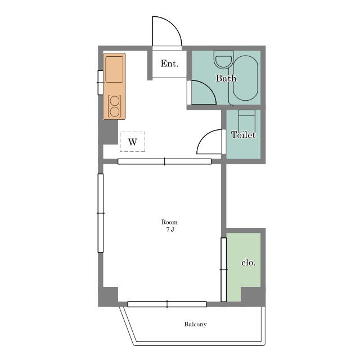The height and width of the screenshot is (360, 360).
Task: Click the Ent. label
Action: click(169, 64)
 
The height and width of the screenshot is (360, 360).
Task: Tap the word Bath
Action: click(226, 78)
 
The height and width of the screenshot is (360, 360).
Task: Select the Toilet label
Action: click(244, 135)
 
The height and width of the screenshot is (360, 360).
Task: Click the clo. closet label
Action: click(249, 263)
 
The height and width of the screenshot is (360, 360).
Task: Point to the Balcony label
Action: click(195, 324)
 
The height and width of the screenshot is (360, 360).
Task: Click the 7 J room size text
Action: click(170, 229)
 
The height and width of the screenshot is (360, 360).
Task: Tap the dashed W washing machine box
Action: click(133, 142)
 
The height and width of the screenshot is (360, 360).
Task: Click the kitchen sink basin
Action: click(114, 69)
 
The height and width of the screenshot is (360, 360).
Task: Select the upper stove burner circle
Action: click(115, 101)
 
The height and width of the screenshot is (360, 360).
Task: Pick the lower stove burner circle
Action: click(115, 112)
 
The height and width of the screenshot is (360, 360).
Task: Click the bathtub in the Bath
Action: click(245, 78)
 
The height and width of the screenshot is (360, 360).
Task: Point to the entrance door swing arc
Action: click(173, 24)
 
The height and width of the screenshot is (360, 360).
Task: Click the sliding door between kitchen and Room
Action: click(164, 161)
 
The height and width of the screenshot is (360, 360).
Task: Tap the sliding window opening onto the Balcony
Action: click(167, 304)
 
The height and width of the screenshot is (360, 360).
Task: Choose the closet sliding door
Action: click(224, 269)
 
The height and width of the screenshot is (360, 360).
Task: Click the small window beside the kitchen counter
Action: click(101, 83)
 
